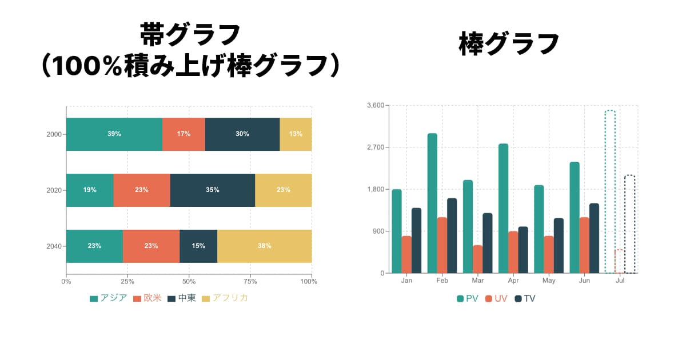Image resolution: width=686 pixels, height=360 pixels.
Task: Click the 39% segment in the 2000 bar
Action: [x=114, y=134]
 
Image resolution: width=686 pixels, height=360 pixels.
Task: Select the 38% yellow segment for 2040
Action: [x=264, y=246]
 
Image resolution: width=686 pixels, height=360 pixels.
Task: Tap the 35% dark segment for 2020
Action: [x=213, y=190]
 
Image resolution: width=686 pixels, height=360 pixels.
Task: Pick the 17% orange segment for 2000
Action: [x=184, y=134]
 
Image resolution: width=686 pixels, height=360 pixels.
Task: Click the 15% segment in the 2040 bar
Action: [x=198, y=246]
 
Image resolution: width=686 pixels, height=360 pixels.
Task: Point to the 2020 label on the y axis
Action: [x=54, y=190]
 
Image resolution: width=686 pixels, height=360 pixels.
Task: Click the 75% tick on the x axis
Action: [x=250, y=281]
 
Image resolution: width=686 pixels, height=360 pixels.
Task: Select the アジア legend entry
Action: [x=108, y=298]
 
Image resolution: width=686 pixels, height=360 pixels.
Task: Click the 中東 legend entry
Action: [x=181, y=298]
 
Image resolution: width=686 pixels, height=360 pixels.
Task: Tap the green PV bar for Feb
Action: [x=432, y=203]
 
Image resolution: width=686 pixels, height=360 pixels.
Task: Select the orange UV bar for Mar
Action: [x=477, y=259]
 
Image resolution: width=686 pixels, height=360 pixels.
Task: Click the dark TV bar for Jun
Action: [x=594, y=238]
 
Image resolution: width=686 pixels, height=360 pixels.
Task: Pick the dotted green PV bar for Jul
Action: [x=610, y=191]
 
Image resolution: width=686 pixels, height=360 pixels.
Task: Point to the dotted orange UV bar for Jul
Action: [x=619, y=262]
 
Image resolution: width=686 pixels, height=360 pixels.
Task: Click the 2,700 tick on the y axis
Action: [x=376, y=147]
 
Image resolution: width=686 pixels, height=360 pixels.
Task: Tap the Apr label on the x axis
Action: [x=513, y=281]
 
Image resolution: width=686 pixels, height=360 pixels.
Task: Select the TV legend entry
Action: [x=525, y=298]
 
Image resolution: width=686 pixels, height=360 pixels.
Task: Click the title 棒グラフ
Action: [x=509, y=44]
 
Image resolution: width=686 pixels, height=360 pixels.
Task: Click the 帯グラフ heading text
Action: [x=190, y=35]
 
